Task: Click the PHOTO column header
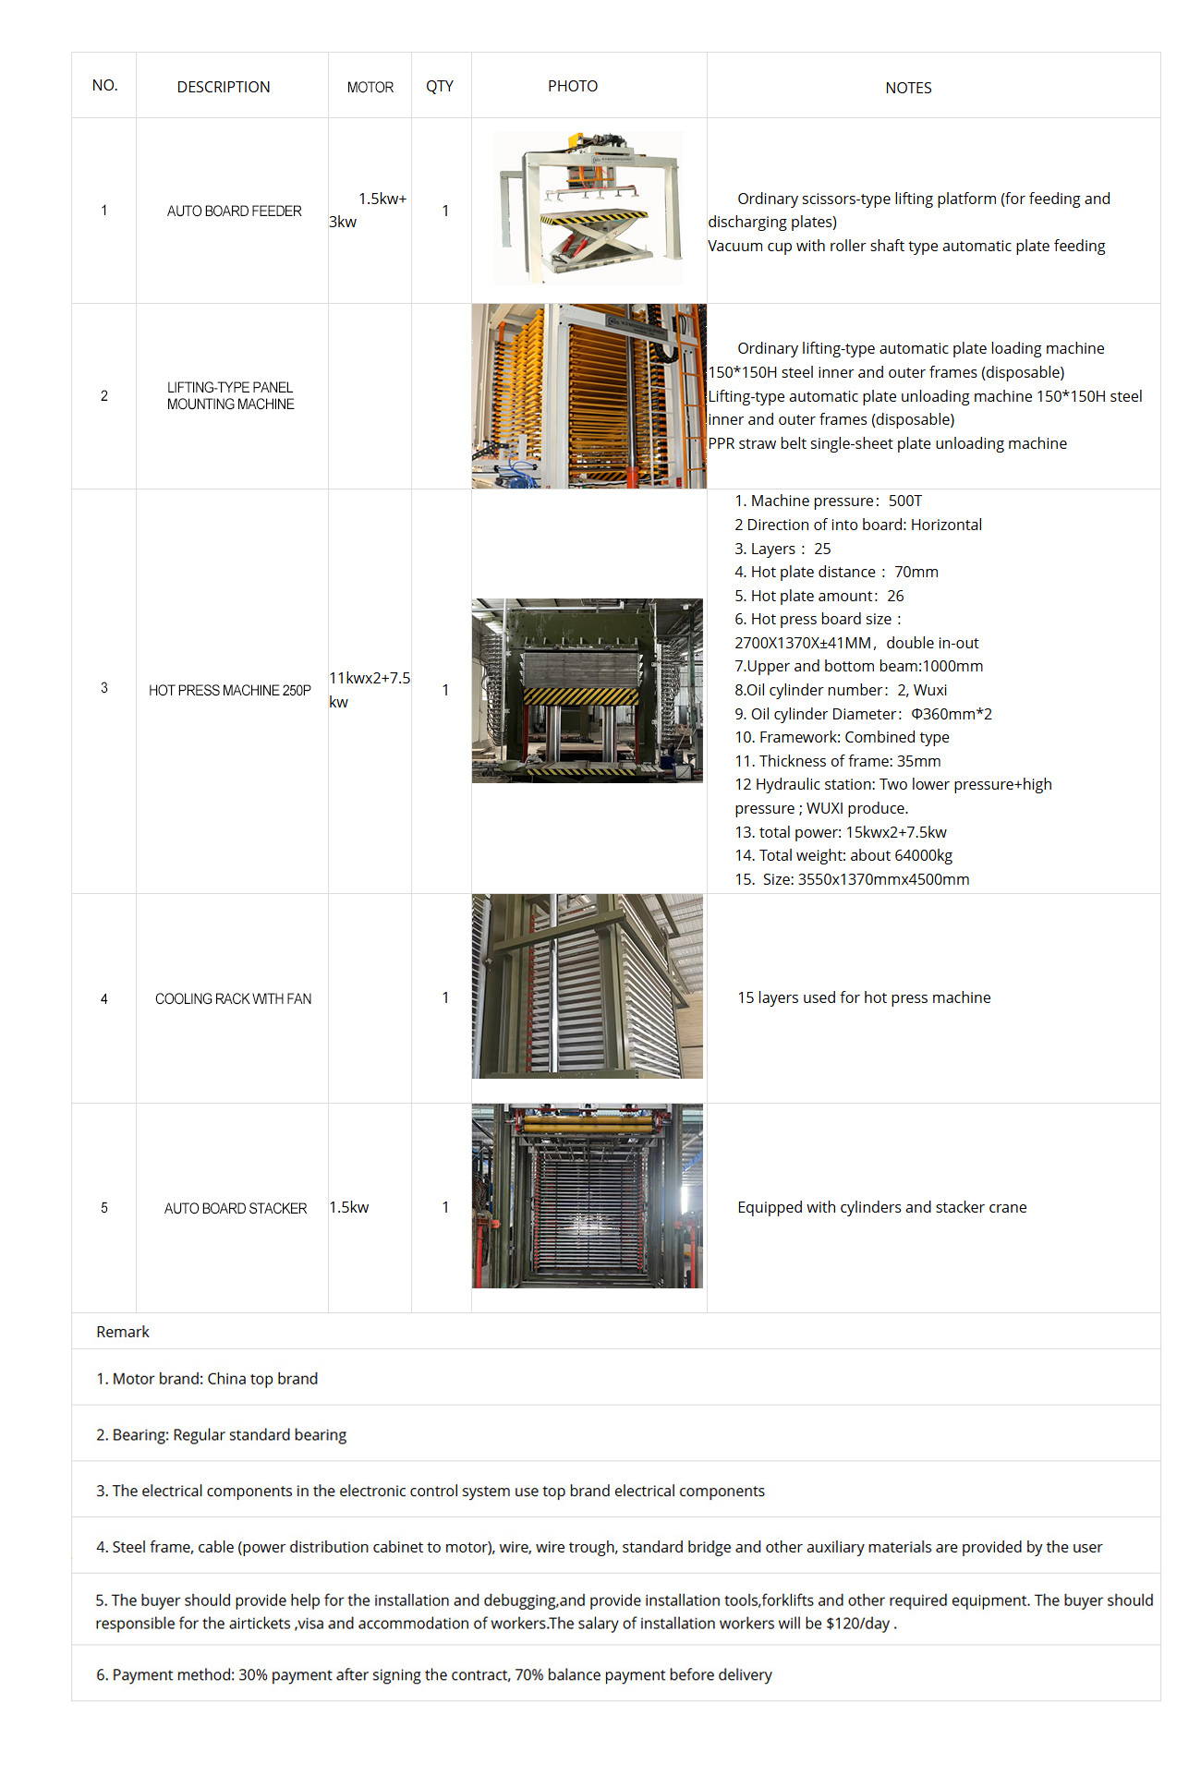pos(572,86)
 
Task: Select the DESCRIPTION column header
pos(224,87)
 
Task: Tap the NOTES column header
pos(908,88)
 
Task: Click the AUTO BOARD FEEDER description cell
pos(234,211)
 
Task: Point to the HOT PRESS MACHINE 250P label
pos(229,691)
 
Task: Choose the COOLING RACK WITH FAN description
pos(233,999)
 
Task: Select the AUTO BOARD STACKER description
pos(235,1209)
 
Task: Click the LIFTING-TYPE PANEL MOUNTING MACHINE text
pos(230,396)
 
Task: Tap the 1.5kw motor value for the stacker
pos(349,1208)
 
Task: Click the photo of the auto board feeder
pos(588,208)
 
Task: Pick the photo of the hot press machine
pos(588,691)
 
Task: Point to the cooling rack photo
pos(588,986)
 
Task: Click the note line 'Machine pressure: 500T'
pos(828,501)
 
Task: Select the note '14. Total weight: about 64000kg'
pos(843,856)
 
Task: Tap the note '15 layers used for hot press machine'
pos(864,998)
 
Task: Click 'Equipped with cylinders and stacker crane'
pos(881,1208)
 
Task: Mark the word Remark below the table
pos(123,1332)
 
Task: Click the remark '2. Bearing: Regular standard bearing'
pos(222,1435)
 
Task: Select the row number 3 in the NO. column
pos(104,688)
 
